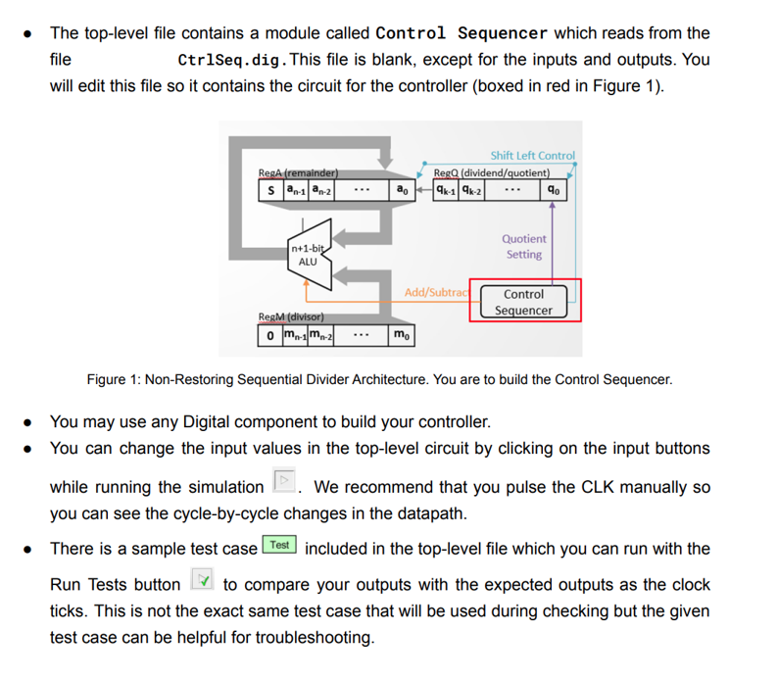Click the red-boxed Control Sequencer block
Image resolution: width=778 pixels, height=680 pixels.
point(524,302)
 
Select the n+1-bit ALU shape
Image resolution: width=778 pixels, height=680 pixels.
point(308,257)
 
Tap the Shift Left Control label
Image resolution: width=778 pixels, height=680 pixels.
point(532,155)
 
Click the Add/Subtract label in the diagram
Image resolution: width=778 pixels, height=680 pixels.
point(437,293)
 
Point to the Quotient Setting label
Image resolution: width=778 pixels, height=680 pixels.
point(524,246)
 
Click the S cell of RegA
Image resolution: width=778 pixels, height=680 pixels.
point(269,190)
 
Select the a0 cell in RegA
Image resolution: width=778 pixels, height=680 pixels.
point(402,190)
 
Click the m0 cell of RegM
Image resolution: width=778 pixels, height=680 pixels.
point(402,336)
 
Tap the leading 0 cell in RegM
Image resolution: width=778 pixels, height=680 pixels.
point(269,336)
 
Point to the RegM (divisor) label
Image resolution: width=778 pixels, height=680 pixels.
point(291,317)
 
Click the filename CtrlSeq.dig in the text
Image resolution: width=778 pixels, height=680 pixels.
point(231,60)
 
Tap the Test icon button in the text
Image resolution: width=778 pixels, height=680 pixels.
point(279,546)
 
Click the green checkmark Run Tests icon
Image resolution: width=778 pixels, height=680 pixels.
point(200,584)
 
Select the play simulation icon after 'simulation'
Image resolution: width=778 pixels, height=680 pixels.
point(284,482)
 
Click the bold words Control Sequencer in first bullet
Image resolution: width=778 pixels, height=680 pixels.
point(475,32)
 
